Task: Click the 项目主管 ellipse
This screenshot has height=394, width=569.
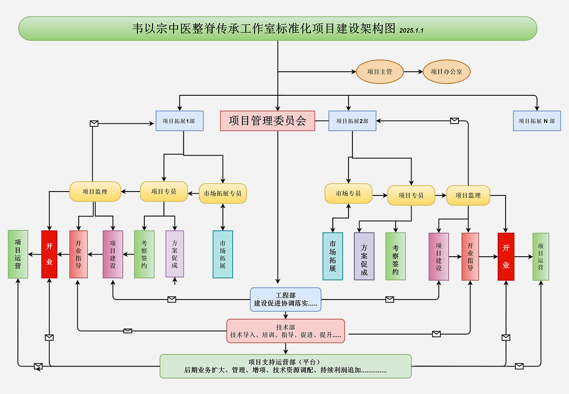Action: [x=380, y=72]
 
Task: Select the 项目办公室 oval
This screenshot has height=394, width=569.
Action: [x=447, y=72]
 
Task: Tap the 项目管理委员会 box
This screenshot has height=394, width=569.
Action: [x=267, y=121]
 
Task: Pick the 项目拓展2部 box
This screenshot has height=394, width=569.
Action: [x=352, y=121]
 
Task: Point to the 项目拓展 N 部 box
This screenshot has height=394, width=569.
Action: [x=537, y=121]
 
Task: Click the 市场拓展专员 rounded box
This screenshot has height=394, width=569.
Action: [x=223, y=193]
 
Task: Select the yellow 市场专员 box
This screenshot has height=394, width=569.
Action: [x=348, y=193]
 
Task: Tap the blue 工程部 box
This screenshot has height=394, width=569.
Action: [x=286, y=300]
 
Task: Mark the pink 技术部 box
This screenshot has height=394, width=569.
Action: [x=286, y=331]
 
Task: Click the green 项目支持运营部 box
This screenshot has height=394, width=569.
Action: [x=286, y=366]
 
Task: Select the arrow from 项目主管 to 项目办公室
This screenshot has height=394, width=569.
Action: [x=413, y=72]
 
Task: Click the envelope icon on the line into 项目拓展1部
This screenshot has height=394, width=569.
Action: [x=94, y=124]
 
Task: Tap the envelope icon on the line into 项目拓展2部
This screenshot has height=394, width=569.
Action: [x=454, y=121]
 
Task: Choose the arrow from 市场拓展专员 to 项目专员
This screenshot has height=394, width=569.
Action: [x=193, y=192]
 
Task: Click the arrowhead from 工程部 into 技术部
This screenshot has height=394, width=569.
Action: [x=286, y=316]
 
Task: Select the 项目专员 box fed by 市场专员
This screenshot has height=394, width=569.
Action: [x=411, y=195]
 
